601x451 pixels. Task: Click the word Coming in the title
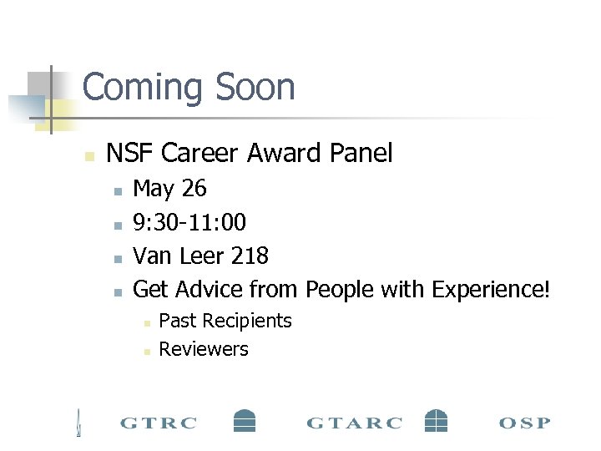coord(142,88)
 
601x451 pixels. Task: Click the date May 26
coord(169,189)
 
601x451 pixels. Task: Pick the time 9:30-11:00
coord(189,222)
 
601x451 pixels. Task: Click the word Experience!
coord(490,289)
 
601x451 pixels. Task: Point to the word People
coord(340,289)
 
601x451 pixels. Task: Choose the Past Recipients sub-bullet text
coord(225,321)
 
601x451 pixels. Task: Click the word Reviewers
coord(204,349)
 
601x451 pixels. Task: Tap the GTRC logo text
coord(159,423)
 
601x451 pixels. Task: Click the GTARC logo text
coord(355,423)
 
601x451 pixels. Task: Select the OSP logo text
coord(524,423)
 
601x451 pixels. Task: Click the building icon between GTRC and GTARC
coord(244,420)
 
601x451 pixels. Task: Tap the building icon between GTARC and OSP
coord(436,420)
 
